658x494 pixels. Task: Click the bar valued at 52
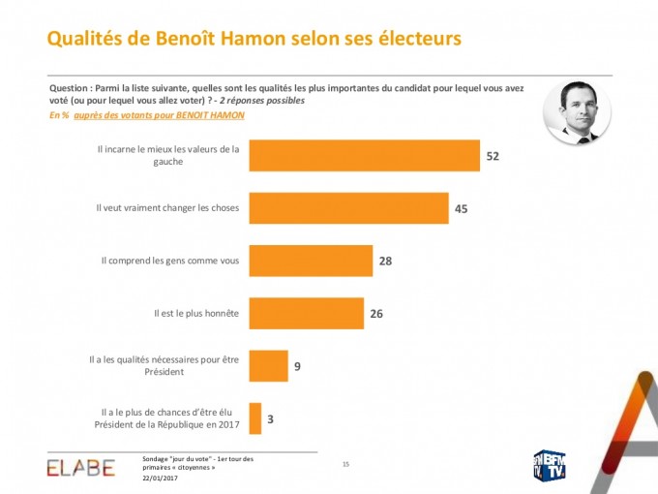pos(364,156)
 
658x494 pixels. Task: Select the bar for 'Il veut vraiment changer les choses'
pos(348,208)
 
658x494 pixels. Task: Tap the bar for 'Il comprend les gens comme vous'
pos(311,261)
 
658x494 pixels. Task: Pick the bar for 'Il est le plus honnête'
pos(306,313)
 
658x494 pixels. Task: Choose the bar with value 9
pos(268,365)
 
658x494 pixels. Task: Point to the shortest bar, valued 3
pos(255,418)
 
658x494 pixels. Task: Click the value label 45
pos(462,208)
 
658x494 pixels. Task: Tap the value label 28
pos(385,261)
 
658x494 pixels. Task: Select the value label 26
pos(377,313)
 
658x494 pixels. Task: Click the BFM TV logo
pos(550,466)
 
